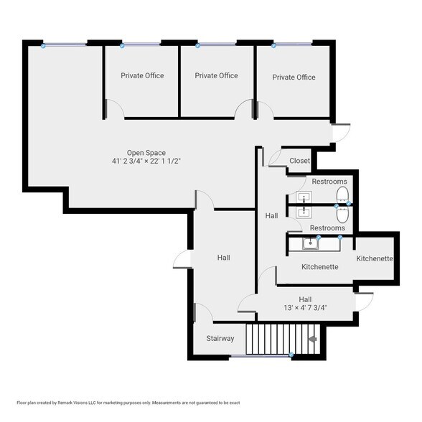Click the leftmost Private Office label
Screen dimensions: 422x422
(x=142, y=75)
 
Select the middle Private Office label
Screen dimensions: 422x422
(x=216, y=75)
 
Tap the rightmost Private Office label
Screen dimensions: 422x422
(x=294, y=78)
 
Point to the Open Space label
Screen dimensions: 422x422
(x=146, y=152)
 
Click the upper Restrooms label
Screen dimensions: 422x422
(x=328, y=182)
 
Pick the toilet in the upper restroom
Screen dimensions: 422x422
(x=342, y=197)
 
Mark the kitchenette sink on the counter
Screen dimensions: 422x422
(x=310, y=243)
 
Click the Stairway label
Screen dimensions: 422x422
(x=220, y=338)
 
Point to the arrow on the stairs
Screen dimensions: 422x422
(x=312, y=339)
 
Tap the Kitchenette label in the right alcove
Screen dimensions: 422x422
(x=374, y=258)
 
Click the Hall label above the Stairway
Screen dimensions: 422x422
(x=224, y=258)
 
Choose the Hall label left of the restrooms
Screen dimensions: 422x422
(x=271, y=215)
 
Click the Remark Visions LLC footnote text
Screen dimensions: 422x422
(x=128, y=403)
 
